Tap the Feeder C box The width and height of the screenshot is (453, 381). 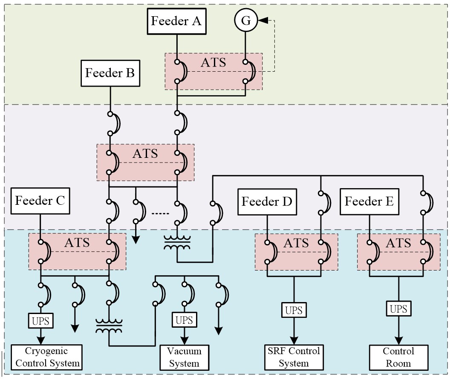tap(40, 201)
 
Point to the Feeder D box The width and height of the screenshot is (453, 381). tap(267, 201)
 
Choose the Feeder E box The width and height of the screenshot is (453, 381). tap(369, 201)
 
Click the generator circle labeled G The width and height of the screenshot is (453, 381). tap(246, 21)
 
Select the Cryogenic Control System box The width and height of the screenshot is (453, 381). tap(46, 358)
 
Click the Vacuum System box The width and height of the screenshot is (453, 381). tap(184, 358)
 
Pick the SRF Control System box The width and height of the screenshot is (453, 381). tap(294, 358)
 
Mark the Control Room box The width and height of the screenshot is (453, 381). tap(398, 358)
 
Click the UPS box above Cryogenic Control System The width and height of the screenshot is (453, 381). tap(41, 320)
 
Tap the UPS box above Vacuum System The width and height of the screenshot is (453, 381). tap(184, 320)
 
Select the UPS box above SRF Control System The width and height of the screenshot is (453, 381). tap(294, 310)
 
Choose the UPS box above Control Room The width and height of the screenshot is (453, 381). tap(398, 308)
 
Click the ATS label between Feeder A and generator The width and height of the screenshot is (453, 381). tap(214, 62)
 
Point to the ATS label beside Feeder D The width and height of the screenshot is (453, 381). tap(296, 243)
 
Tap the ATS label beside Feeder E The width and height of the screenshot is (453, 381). tap(398, 243)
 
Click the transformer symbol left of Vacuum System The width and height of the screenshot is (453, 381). tap(109, 327)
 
